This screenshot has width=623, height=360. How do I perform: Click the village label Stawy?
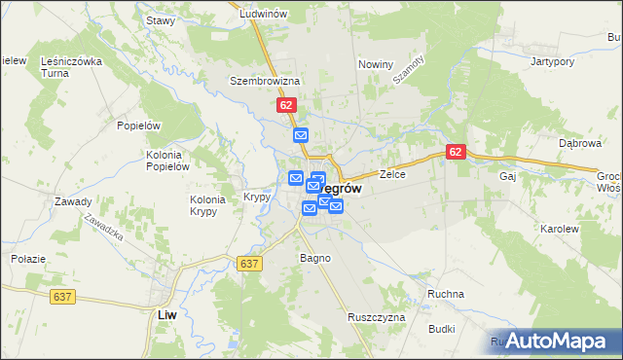tap(160, 20)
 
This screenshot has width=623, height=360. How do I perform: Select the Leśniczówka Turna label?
tap(71, 67)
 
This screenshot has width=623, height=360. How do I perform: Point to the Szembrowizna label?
tap(264, 81)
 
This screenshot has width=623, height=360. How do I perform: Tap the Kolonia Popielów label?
tap(166, 161)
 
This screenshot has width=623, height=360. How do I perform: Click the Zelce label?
tap(392, 175)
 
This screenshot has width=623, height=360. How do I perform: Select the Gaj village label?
tap(506, 177)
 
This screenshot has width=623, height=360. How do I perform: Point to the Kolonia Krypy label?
tap(207, 205)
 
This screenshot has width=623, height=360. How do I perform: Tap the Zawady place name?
tap(73, 202)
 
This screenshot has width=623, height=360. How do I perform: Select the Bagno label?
tap(315, 259)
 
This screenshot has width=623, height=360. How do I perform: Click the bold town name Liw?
tap(166, 314)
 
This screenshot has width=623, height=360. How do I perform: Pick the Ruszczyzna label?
tap(376, 317)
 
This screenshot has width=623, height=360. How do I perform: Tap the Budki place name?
tap(440, 329)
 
